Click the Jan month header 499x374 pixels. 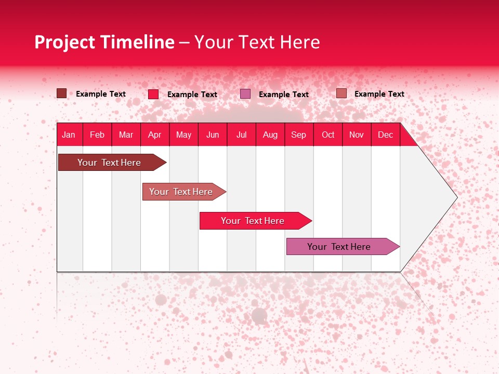69,135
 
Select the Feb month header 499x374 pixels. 97,135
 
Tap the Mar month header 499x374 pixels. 126,135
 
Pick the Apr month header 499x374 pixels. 155,135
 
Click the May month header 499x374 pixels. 183,135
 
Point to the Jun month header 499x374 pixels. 213,135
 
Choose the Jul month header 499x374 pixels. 241,135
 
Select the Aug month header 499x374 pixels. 270,135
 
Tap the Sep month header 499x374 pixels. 299,135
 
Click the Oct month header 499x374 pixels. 328,135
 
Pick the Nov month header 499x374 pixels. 357,135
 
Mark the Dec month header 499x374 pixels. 385,135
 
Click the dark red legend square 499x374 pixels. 61,94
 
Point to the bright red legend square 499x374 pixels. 153,94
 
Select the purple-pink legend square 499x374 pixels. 245,94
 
